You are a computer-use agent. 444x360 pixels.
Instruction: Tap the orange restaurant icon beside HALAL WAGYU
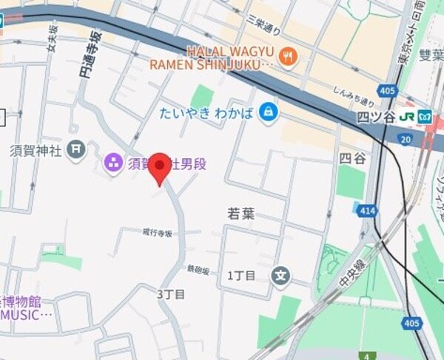click(x=289, y=57)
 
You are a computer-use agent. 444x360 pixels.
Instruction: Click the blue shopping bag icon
click(x=268, y=113)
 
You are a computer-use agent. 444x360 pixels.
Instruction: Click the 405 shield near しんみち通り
click(x=386, y=90)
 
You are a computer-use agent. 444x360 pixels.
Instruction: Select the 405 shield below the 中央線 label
click(x=411, y=322)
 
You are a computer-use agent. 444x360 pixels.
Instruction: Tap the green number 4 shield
click(x=365, y=355)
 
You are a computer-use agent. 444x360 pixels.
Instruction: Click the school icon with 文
click(x=280, y=276)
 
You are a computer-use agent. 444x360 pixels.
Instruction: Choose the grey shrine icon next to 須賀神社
click(x=75, y=149)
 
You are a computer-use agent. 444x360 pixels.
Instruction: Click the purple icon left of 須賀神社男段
click(x=113, y=163)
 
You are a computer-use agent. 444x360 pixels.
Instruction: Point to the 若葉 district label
click(x=240, y=213)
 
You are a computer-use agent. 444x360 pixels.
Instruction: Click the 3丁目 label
click(x=171, y=294)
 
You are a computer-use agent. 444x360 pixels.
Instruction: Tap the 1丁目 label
click(x=241, y=276)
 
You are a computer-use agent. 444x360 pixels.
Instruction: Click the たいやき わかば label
click(x=206, y=113)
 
